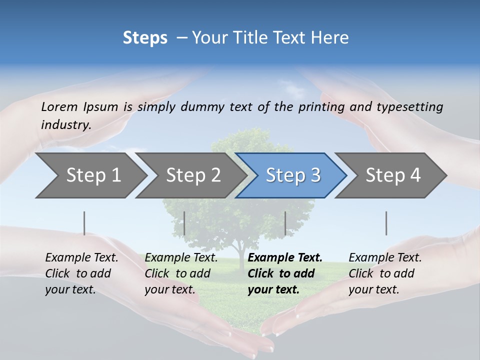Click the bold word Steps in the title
coord(145,38)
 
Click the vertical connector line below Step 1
coord(84,223)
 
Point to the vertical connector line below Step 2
coord(184,223)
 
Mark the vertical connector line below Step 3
coord(285,223)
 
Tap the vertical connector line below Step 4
coord(386,223)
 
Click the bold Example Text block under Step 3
coord(284,273)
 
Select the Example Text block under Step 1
coord(81,273)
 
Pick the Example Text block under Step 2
coord(180,273)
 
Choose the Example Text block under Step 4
coord(384,273)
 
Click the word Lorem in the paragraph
coord(59,107)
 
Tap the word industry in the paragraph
coord(65,124)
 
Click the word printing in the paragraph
coord(321,107)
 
